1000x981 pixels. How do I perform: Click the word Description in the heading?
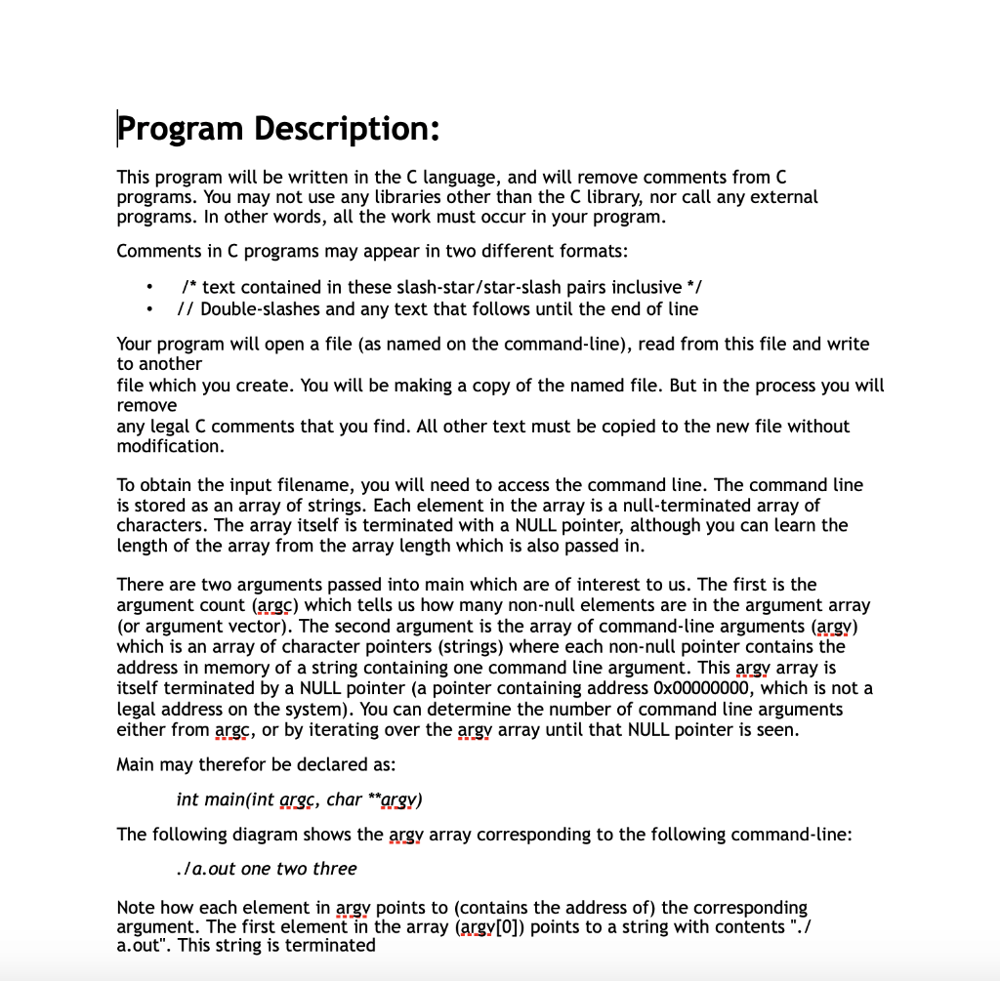pos(347,128)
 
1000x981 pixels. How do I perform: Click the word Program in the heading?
pos(181,128)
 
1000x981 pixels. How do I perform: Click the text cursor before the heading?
pos(118,128)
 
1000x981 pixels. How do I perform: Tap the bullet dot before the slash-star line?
pos(148,287)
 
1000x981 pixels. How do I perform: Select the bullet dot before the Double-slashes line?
pos(148,309)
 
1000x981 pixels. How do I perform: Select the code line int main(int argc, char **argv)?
pos(299,799)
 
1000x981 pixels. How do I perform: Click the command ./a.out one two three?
pos(267,869)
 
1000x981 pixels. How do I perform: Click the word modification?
pos(170,446)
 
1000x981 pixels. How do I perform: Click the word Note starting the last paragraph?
pos(135,908)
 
